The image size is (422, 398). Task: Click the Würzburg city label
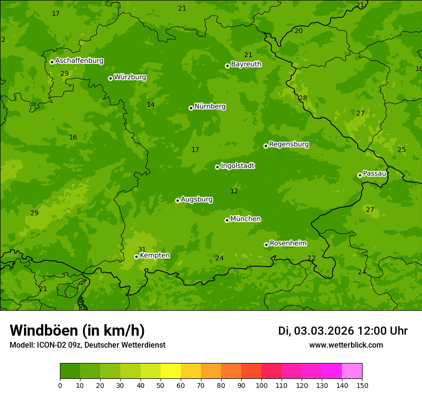(130, 77)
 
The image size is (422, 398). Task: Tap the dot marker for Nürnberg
(191, 108)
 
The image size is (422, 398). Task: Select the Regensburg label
(289, 144)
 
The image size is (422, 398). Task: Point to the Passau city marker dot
(360, 175)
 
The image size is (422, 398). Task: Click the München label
(246, 219)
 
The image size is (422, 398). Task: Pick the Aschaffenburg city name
(79, 61)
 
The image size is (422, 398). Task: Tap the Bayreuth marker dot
(227, 66)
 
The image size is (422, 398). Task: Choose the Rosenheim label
(288, 244)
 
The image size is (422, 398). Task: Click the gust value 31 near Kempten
(142, 249)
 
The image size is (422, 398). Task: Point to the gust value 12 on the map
(234, 191)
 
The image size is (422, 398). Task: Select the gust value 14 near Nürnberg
(151, 105)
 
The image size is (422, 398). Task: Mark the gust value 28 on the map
(303, 98)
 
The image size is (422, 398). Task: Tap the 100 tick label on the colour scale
(261, 385)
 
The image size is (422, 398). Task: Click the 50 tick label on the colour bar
(161, 385)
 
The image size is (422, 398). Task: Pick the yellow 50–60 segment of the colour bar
(171, 371)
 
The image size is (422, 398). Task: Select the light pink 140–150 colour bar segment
(352, 371)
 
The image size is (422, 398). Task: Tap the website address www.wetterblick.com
(346, 345)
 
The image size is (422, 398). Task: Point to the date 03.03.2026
(324, 331)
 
